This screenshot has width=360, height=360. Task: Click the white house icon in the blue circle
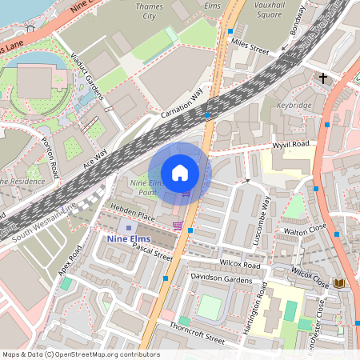[180, 173]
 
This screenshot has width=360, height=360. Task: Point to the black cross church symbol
[323, 78]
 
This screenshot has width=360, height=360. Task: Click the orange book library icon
[339, 283]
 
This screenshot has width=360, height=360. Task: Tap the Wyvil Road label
[290, 144]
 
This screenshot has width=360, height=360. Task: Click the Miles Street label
[248, 48]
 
